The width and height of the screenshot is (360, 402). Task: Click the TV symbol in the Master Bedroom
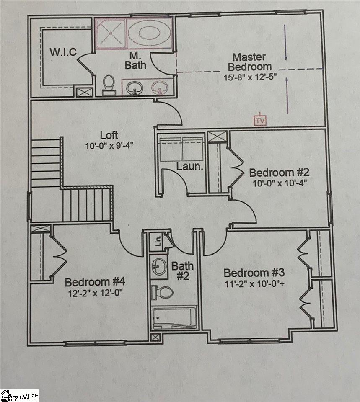(260, 120)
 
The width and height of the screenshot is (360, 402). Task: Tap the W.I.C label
(63, 52)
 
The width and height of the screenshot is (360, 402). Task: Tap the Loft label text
(109, 135)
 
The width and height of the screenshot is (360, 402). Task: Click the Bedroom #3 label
(254, 273)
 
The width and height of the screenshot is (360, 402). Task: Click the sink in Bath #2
(159, 265)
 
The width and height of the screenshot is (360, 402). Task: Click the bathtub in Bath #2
(174, 318)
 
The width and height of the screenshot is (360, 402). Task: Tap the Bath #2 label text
(183, 271)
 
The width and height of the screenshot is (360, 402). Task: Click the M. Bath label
(135, 61)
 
